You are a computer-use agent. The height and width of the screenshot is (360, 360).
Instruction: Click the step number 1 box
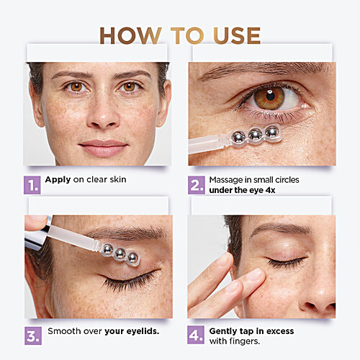click(x=32, y=185)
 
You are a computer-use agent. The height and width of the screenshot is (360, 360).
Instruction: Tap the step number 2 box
click(x=197, y=185)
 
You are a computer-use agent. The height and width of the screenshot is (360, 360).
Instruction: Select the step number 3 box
click(x=32, y=336)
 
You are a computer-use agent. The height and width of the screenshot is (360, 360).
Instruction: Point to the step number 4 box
click(x=197, y=336)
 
